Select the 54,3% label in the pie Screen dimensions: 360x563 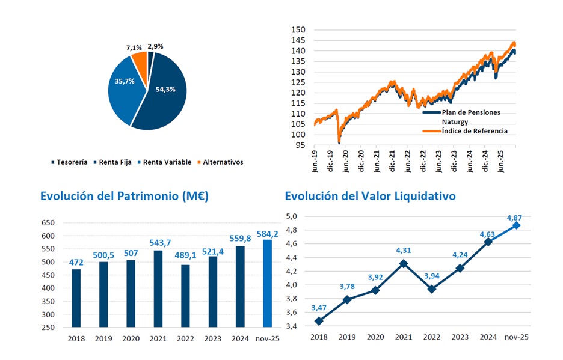[165, 89]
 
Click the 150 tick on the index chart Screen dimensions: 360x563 [298, 30]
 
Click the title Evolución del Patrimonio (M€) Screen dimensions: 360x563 [124, 196]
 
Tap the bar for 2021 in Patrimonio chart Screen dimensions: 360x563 [159, 288]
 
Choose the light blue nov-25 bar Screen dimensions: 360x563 [267, 284]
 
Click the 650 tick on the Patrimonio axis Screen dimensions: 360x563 [48, 223]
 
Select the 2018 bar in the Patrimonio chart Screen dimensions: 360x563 [76, 298]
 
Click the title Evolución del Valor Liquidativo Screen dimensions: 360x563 [370, 196]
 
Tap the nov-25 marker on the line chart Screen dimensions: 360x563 [517, 225]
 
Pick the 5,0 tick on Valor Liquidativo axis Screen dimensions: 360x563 [291, 216]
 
